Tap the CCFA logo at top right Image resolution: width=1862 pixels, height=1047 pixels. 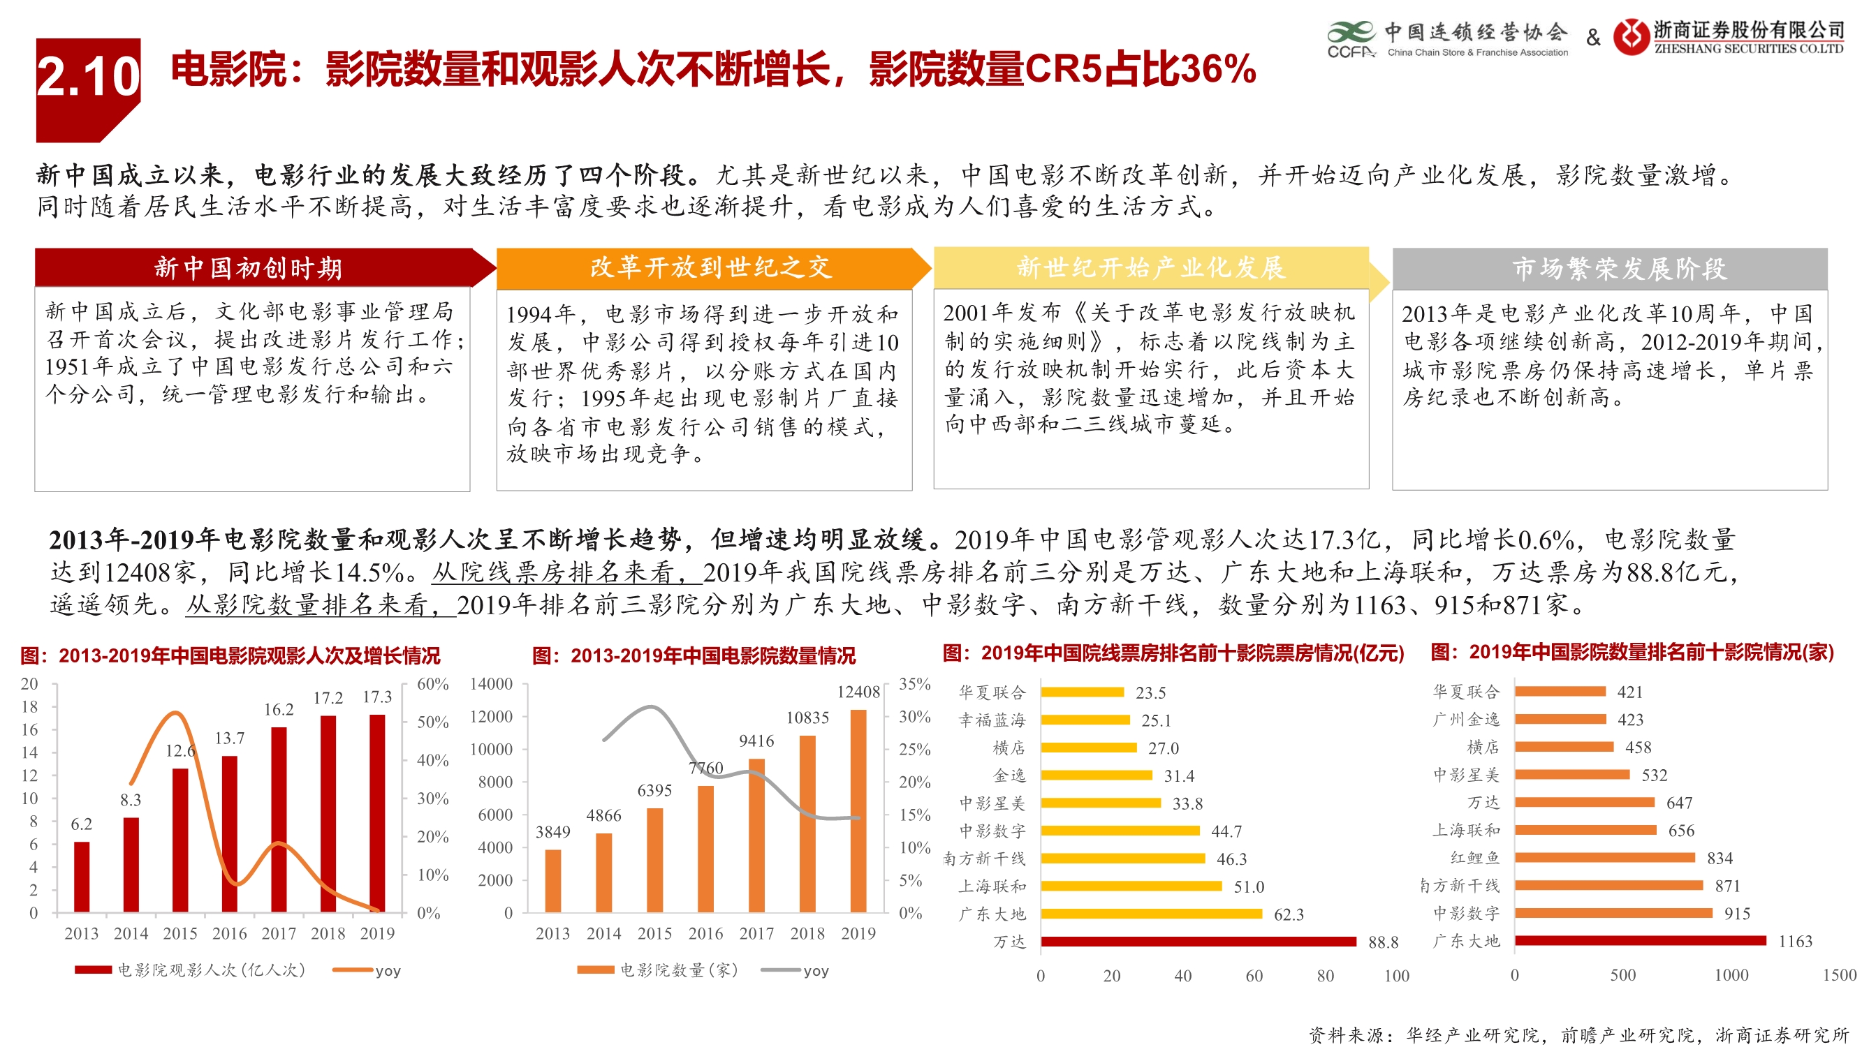point(1350,40)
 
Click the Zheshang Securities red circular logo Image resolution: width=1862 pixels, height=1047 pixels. point(1632,36)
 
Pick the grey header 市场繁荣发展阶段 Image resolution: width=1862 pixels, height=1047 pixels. point(1619,268)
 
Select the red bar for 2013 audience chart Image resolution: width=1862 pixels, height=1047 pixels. point(82,877)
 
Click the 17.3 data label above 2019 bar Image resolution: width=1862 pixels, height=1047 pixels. point(376,697)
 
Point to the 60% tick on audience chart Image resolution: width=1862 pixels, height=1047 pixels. point(432,683)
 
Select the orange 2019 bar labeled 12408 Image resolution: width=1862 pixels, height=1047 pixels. point(858,810)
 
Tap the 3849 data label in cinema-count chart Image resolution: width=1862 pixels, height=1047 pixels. point(552,832)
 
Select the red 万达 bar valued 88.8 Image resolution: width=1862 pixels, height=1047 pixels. point(1198,942)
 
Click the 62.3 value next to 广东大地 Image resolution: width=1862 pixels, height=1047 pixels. point(1288,914)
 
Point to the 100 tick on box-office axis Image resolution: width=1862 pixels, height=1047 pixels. point(1395,976)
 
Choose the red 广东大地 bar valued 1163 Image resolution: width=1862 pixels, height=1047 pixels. point(1639,941)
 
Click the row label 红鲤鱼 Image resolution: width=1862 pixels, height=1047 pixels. point(1474,858)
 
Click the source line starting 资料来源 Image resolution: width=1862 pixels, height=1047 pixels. point(1578,1034)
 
